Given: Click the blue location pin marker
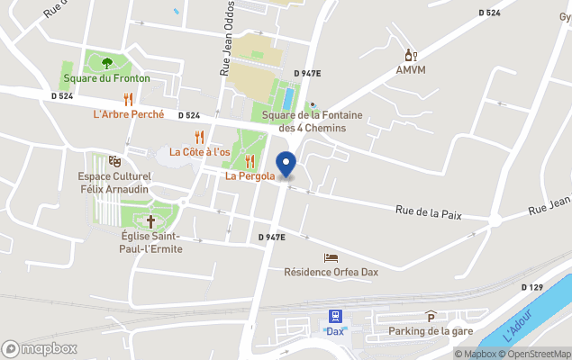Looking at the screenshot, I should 286,165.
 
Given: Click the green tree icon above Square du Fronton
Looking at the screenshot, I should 107,63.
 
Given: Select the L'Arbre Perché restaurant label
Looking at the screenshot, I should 128,114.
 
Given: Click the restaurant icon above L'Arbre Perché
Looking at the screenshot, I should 129,99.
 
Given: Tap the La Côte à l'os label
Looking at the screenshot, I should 200,152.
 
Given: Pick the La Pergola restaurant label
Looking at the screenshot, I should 250,176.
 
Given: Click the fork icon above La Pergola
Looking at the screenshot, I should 250,161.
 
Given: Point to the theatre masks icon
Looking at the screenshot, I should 114,160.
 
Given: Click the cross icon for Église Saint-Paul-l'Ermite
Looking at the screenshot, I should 150,220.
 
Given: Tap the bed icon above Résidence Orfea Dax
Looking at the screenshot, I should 331,257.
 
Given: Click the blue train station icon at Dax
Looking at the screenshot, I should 335,316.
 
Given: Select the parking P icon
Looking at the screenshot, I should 431,316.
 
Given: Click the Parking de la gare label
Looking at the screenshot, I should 431,331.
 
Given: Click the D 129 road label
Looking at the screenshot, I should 533,287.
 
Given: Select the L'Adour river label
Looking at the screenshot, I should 518,325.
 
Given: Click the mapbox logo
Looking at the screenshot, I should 40,348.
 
